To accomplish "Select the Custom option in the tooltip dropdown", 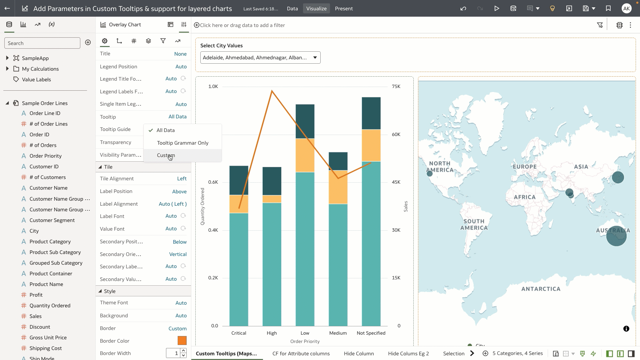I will tap(166, 155).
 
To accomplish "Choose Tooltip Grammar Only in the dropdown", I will tap(183, 143).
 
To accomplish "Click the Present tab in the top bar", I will tap(344, 9).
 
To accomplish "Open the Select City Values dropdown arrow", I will tap(315, 58).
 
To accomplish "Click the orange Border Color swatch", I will tap(182, 341).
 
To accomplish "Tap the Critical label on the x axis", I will tap(239, 333).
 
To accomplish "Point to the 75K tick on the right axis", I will tap(396, 86).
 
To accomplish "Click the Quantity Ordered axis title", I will tap(202, 206).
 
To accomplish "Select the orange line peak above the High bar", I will tap(272, 91).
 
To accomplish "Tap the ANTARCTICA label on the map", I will tap(541, 289).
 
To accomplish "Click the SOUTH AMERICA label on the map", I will tap(474, 224).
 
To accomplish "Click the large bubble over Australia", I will tap(616, 236).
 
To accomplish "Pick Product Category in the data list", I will tap(50, 242).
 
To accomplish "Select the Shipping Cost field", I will tap(46, 348).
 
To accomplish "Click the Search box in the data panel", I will tap(42, 43).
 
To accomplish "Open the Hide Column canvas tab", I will tap(359, 354).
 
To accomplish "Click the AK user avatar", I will tap(626, 9).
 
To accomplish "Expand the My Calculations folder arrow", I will tap(7, 69).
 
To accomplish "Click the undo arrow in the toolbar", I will tap(463, 9).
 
